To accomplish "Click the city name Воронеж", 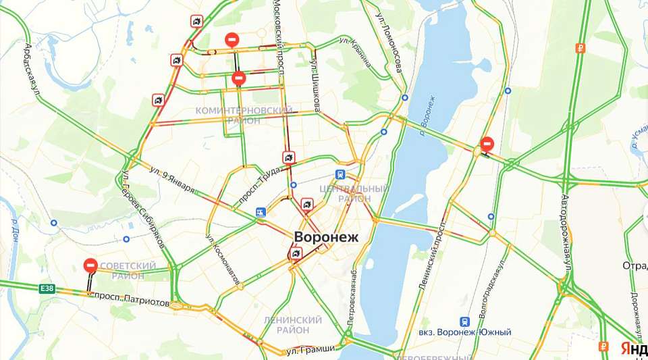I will coord(327,237).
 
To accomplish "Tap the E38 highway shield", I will coord(47,288).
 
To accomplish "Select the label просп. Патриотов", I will coord(131,300).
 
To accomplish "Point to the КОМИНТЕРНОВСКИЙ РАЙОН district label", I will coord(244,115).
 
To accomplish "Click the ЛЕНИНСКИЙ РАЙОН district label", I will coord(293,324).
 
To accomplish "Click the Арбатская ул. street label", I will coord(32,68).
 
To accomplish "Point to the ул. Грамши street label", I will coord(310,349).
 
